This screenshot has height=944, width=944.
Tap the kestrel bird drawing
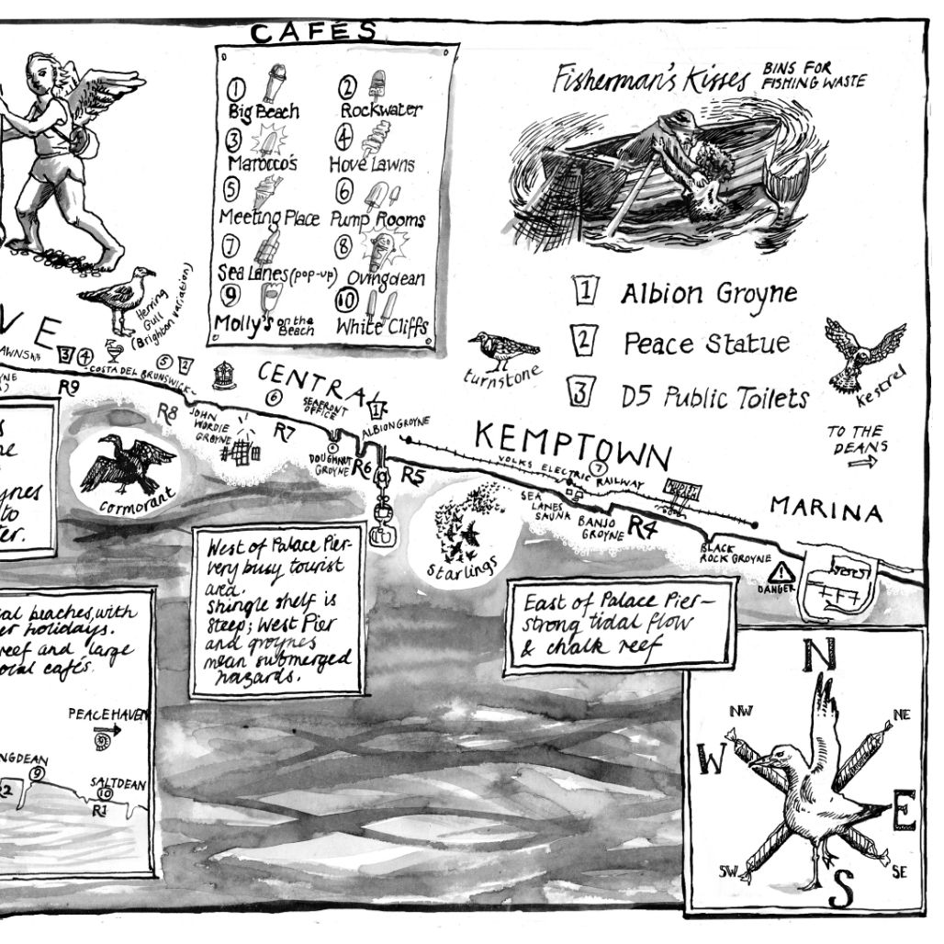(863, 351)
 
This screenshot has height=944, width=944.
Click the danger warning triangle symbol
(785, 572)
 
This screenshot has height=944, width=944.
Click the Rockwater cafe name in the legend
(381, 110)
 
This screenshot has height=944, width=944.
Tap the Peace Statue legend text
(706, 343)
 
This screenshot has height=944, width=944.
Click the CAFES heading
(313, 32)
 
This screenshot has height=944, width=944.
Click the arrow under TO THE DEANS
(863, 464)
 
